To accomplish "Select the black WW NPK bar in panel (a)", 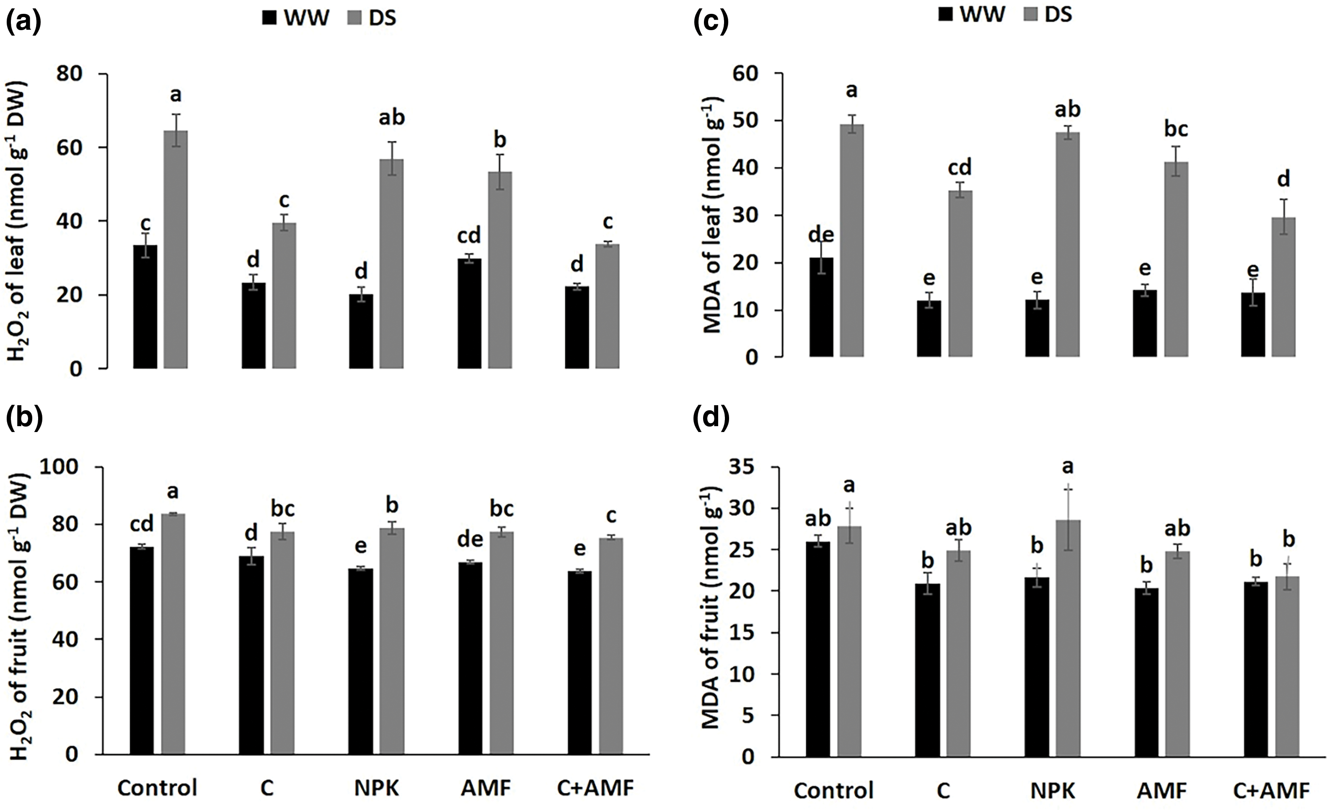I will click(x=361, y=331).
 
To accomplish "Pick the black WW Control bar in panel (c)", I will click(x=821, y=307).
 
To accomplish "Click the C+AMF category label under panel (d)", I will click(x=1270, y=791).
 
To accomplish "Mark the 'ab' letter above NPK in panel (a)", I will click(x=391, y=117).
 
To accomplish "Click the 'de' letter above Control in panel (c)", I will click(x=821, y=235).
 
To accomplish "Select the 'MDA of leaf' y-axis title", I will click(x=712, y=215).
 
